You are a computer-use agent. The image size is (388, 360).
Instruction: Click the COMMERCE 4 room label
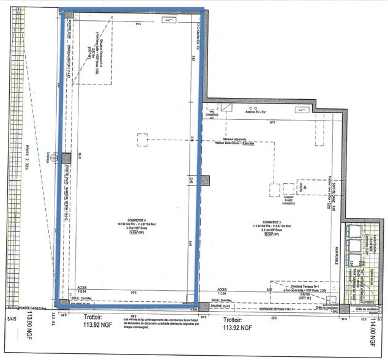click(x=132, y=222)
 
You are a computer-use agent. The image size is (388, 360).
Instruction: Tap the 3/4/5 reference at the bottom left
click(x=11, y=318)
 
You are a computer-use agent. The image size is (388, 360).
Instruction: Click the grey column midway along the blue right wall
click(x=205, y=181)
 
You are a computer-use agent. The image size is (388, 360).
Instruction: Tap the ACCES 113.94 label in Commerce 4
click(x=83, y=290)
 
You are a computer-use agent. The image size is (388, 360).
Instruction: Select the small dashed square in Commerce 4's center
click(x=144, y=140)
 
